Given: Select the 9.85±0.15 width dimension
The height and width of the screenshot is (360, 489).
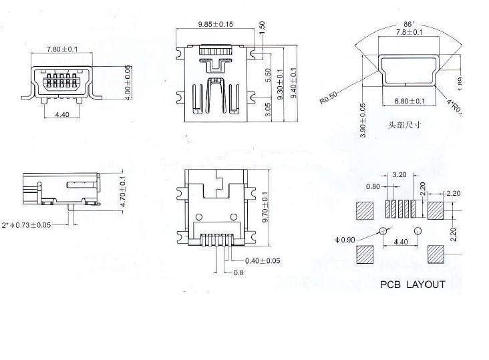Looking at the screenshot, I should [x=215, y=25].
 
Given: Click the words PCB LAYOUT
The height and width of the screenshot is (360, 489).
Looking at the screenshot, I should [x=413, y=285].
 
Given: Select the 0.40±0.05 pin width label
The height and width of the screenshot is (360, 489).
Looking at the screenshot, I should [x=263, y=261].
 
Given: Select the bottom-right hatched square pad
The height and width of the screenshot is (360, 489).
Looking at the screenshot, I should [x=436, y=254].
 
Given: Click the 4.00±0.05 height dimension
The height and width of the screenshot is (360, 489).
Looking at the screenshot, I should [x=127, y=81].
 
